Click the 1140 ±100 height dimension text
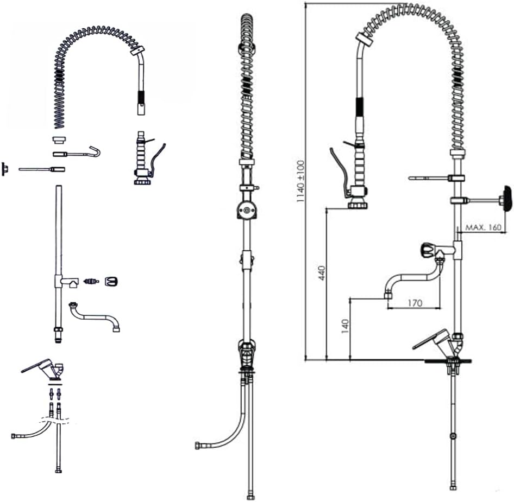300,181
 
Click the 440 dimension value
322,273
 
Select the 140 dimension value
345,326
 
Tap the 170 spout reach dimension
415,303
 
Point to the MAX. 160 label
484,227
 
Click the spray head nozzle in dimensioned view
356,205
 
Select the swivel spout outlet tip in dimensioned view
388,296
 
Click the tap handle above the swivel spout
428,251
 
